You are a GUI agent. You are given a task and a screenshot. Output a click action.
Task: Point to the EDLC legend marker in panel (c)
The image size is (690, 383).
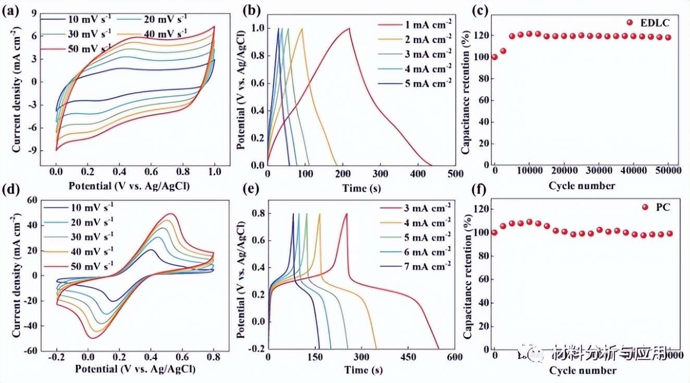630,22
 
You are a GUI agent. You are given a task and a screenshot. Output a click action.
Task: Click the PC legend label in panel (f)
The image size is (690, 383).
663,207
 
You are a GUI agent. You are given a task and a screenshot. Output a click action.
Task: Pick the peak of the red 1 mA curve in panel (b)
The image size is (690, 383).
349,28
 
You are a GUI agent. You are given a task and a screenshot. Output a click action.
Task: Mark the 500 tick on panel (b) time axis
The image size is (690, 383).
455,174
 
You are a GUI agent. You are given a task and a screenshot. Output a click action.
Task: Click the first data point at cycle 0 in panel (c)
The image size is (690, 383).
494,57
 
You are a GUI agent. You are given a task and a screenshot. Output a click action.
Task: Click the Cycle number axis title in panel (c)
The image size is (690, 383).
582,185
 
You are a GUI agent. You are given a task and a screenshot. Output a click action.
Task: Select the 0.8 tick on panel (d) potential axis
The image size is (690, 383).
213,358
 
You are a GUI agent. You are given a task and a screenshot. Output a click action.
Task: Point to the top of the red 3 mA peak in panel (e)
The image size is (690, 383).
346,213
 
